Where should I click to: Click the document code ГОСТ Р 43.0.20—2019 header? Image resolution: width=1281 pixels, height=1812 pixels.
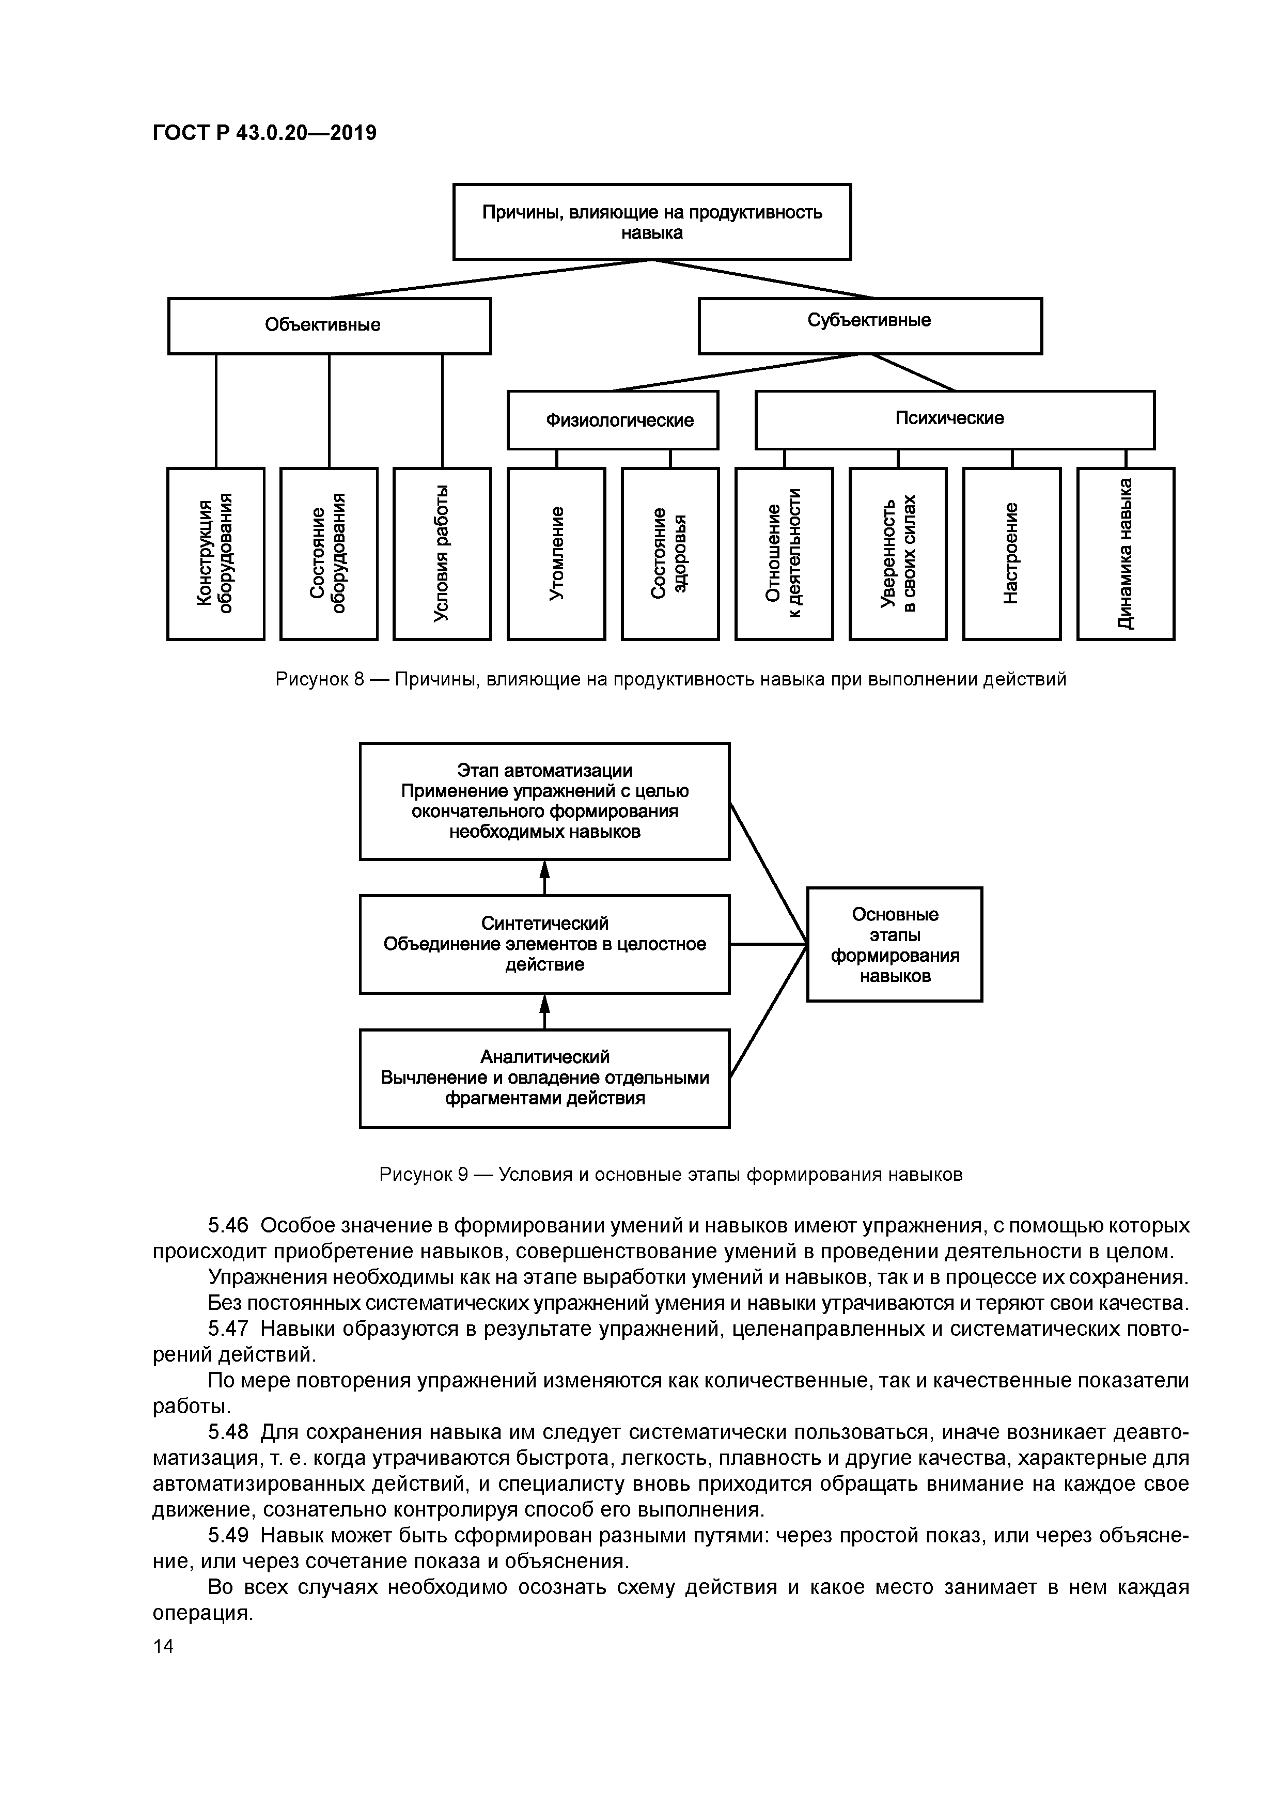click(264, 133)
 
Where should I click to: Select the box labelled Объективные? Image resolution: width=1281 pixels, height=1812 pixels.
click(329, 325)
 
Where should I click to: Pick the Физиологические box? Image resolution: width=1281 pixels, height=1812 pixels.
click(613, 420)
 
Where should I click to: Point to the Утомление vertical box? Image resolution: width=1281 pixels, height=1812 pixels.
click(556, 553)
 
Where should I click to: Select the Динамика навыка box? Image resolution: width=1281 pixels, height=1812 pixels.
click(1126, 553)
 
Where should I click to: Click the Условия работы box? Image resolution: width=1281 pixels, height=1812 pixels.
click(442, 553)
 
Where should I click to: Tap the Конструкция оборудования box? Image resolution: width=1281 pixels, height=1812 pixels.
click(215, 553)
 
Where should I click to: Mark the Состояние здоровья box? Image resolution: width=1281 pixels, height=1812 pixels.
click(670, 553)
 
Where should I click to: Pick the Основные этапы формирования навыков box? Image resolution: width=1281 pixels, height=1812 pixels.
click(894, 944)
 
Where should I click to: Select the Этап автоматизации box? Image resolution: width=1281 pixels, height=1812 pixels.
click(544, 801)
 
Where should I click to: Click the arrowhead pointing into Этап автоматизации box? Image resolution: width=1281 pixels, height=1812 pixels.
click(544, 868)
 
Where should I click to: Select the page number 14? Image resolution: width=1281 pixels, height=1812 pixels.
click(163, 1646)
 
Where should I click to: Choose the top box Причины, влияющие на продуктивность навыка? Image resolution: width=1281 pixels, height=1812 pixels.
click(652, 222)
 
